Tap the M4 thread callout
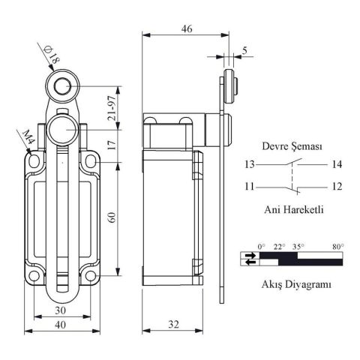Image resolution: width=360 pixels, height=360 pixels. [x=30, y=138]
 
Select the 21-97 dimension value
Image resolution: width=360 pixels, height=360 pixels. [x=112, y=108]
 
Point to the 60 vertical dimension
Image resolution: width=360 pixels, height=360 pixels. [x=112, y=217]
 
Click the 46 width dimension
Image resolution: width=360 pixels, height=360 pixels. [x=187, y=28]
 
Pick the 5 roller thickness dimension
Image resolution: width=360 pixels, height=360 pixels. [x=244, y=51]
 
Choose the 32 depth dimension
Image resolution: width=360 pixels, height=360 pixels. [x=174, y=325]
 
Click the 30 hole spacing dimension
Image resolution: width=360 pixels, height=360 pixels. [x=61, y=310]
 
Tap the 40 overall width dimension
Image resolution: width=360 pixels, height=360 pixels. [x=61, y=325]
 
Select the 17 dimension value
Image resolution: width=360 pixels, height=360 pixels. [x=112, y=145]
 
